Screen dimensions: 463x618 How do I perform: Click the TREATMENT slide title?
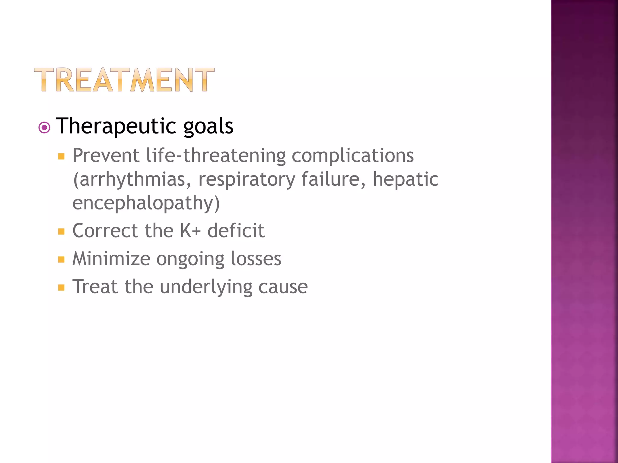pos(124,80)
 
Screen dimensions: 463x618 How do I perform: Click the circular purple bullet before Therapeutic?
pos(45,128)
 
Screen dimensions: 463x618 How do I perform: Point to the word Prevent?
pos(106,156)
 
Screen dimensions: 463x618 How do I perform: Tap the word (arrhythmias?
pos(132,180)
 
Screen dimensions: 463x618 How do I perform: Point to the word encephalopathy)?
pos(146,203)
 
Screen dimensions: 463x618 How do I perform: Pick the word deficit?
pos(236,231)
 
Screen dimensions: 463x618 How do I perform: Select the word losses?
pos(256,259)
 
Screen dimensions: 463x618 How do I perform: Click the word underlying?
pos(206,287)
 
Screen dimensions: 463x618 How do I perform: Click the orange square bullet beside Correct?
pos(62,231)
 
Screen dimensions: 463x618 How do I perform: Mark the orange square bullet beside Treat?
pos(62,287)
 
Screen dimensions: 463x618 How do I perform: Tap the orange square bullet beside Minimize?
pos(62,260)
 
